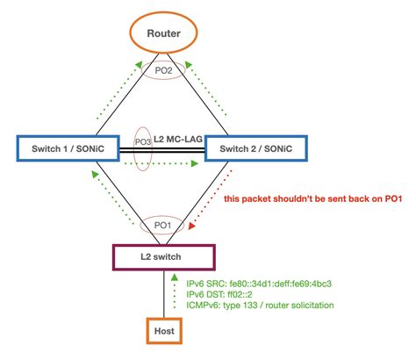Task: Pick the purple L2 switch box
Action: point(163,256)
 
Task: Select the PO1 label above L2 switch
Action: point(163,225)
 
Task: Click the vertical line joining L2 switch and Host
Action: point(163,294)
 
